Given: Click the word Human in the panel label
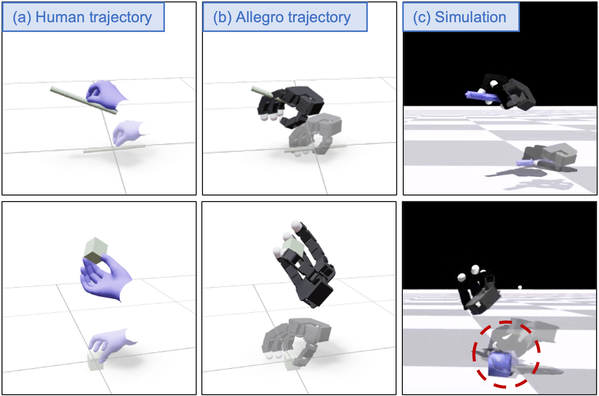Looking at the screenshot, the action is tap(60, 17).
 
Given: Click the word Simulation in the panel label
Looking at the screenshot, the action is tap(470, 17).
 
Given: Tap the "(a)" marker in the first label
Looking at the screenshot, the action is tap(22, 17).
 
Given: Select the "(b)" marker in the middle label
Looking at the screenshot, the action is tap(222, 17).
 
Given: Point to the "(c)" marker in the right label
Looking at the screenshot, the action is tap(422, 17).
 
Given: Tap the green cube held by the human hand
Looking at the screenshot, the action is tap(95, 250).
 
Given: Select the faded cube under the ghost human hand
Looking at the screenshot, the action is tap(95, 362).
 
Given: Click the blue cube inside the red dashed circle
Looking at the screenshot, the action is tap(501, 363).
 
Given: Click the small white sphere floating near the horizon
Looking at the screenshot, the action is tap(520, 287).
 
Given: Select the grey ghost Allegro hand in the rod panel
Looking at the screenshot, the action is tap(315, 134).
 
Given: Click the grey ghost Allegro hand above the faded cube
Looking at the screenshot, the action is tap(296, 339).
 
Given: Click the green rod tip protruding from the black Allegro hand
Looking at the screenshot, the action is tap(262, 92).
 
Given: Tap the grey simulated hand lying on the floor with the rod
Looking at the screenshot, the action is tap(548, 157).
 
